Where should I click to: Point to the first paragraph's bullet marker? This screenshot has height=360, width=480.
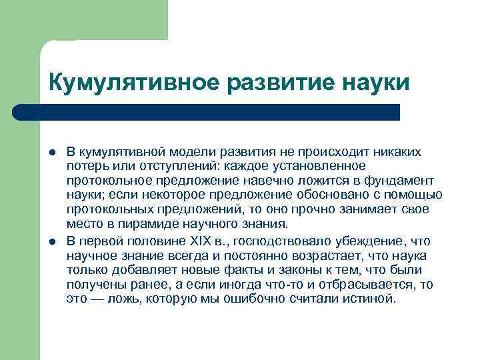tap(53, 152)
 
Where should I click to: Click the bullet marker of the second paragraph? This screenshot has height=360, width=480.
tap(53, 241)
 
